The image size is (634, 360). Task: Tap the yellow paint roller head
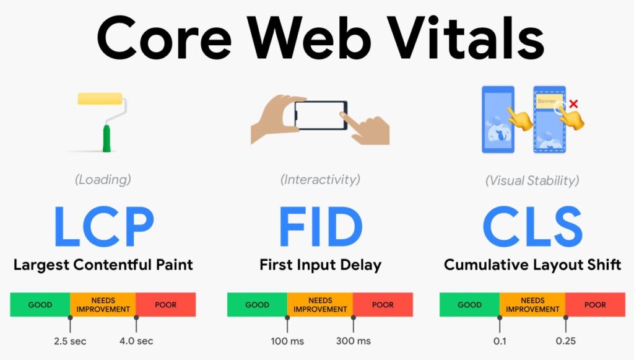pos(100,99)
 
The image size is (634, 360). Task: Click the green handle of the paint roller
pos(106,138)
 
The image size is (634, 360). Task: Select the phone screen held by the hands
pos(320,115)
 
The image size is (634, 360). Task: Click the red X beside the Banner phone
pos(573,104)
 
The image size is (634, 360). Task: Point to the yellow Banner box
pos(548,101)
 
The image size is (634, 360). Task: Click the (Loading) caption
pos(103,180)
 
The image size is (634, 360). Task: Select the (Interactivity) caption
pos(320,180)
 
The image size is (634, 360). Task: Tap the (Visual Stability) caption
pos(532,180)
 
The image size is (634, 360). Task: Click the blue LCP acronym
pos(104,226)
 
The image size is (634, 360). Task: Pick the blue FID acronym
pos(321,226)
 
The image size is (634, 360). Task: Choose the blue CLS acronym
pos(532,226)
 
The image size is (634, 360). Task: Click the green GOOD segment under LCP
pos(40,305)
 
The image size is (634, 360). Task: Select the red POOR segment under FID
pos(383,305)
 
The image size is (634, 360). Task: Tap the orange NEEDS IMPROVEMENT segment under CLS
pos(532,305)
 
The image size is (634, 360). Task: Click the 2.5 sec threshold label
pos(70,341)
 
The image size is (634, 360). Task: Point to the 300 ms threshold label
pos(354,341)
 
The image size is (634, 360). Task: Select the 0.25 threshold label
pos(566,341)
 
